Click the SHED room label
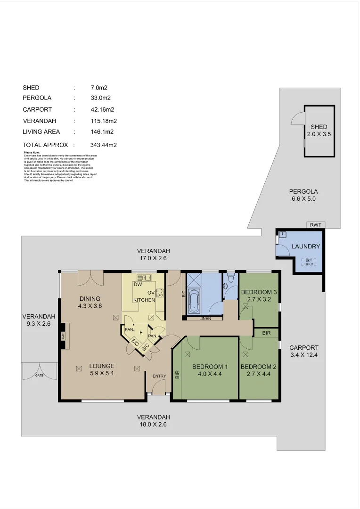coord(319,127)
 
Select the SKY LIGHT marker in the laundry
coord(309,263)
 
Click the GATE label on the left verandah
coord(39,376)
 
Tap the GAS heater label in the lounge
coord(62,336)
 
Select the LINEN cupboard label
coord(205,319)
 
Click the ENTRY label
coord(159,376)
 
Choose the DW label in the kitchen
coord(138,285)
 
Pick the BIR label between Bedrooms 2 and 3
coord(266,333)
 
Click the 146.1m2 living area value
coord(102,132)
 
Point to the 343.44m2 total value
coord(103,145)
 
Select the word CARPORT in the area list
coord(37,109)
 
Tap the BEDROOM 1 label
coord(210,367)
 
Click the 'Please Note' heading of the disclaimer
coord(32,153)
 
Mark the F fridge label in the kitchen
coord(141,332)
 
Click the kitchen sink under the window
coord(143,277)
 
